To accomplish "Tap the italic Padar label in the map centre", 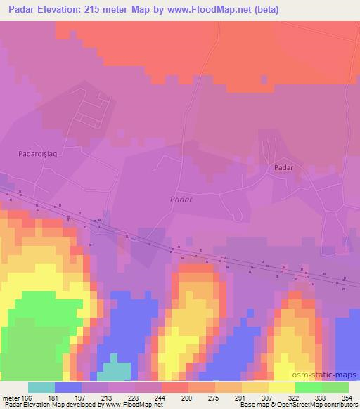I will coord(181,199).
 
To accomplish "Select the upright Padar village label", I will coord(283,168).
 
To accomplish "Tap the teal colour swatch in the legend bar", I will coord(41,387).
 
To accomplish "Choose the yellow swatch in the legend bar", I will coord(282,387).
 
